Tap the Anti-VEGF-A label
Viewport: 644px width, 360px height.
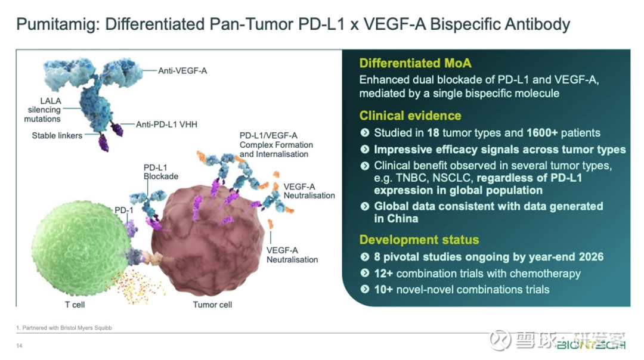click(182, 71)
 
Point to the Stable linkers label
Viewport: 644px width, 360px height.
click(57, 136)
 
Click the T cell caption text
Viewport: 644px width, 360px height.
click(75, 305)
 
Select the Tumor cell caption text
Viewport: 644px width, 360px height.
click(212, 305)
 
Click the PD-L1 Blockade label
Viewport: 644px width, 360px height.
click(161, 172)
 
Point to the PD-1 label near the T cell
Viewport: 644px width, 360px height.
click(123, 210)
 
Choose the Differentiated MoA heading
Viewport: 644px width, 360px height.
click(415, 64)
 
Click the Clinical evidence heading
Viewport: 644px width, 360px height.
click(410, 116)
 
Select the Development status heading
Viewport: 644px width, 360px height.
click(419, 240)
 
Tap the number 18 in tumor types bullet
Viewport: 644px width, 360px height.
click(431, 133)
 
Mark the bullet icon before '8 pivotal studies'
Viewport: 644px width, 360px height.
click(365, 257)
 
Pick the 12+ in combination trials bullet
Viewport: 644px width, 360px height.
click(383, 274)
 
